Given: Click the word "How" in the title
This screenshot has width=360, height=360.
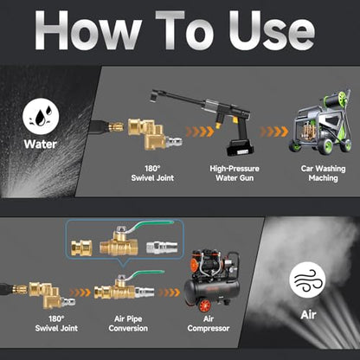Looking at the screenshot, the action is point(87,30).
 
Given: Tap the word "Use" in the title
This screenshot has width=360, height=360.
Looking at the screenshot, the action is point(272,30).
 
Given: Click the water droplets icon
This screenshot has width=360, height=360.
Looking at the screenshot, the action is point(41,117).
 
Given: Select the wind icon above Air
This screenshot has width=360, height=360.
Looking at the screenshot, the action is point(307,280).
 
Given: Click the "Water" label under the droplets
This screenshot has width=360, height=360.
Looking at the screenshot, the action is point(41,144).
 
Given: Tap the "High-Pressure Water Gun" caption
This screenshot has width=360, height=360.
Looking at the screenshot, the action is point(235,173).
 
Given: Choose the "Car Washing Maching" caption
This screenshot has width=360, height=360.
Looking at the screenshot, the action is point(323,173).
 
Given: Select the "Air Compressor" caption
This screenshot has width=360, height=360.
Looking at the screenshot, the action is point(209,324).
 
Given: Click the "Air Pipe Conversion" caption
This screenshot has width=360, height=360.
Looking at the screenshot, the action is point(128,324).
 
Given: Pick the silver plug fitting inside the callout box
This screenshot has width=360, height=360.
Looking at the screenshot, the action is point(162,247).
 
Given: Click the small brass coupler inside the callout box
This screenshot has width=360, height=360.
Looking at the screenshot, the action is point(81,247).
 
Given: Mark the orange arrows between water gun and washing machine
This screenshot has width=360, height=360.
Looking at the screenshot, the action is point(273,132).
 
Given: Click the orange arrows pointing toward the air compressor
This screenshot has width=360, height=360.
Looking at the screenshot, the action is point(169,292).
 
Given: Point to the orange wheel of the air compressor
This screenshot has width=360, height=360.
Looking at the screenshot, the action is point(204,305).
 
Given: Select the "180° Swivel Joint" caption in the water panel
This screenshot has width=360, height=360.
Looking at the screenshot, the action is point(152,173).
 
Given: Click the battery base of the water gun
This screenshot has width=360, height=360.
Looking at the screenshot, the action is point(240,147).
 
